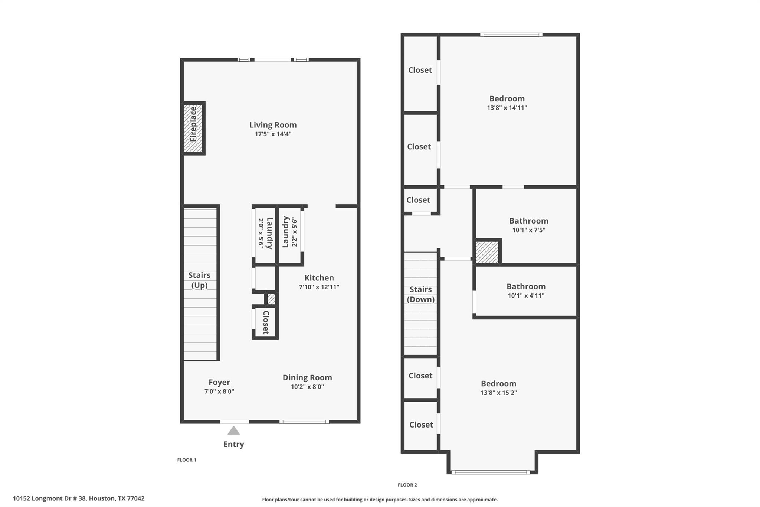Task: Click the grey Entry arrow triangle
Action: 233,430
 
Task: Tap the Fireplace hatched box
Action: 193,129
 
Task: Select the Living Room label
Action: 273,125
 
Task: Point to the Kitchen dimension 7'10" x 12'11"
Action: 319,287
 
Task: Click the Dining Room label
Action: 307,377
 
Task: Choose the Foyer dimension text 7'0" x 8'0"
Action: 219,391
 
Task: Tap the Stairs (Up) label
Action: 199,280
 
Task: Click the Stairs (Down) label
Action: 420,294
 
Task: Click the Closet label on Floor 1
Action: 266,322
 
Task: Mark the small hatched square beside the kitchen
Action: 271,299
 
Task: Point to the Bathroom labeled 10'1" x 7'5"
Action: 528,225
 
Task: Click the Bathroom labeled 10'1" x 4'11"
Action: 526,291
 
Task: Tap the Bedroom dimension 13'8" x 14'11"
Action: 507,108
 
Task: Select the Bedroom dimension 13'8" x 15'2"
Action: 498,393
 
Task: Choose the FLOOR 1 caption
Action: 187,460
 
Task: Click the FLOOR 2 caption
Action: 407,485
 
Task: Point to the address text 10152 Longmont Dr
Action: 79,498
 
